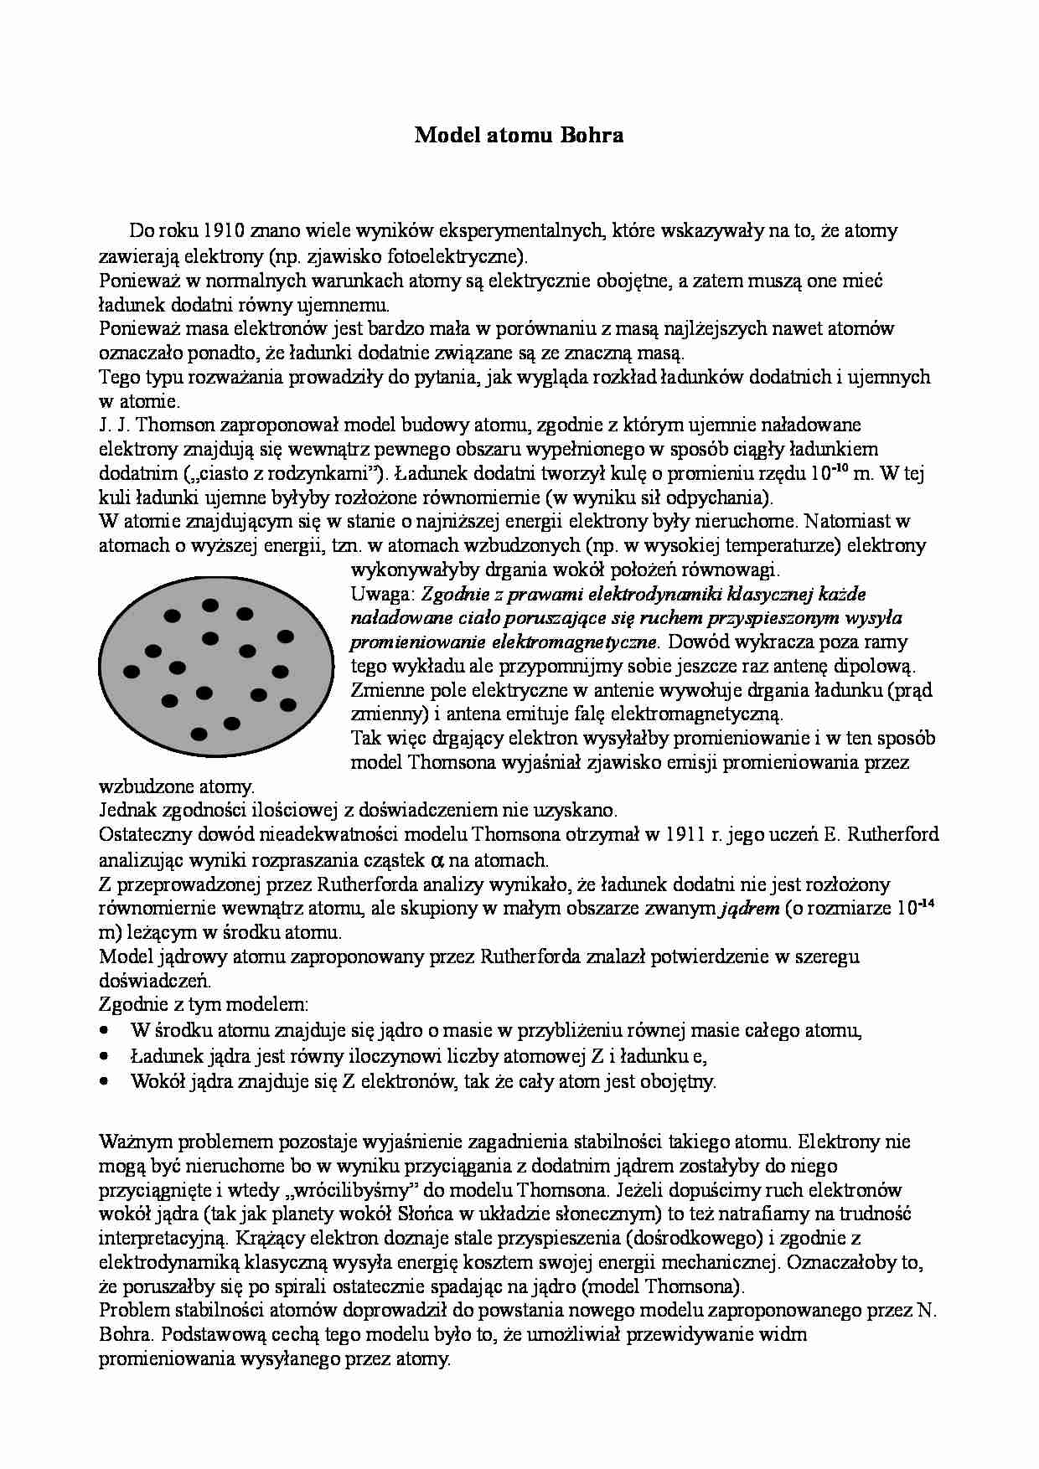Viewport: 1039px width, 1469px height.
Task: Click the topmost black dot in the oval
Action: pyautogui.click(x=210, y=604)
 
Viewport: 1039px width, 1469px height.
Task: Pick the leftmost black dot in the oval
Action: pyautogui.click(x=132, y=671)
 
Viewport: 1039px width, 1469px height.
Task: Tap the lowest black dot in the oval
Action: pyautogui.click(x=199, y=734)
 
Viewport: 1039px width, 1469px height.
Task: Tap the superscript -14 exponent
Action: pyautogui.click(x=925, y=903)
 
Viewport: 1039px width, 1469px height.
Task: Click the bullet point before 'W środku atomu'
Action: pyautogui.click(x=105, y=1032)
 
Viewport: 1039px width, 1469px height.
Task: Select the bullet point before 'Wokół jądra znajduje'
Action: pyautogui.click(x=105, y=1081)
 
